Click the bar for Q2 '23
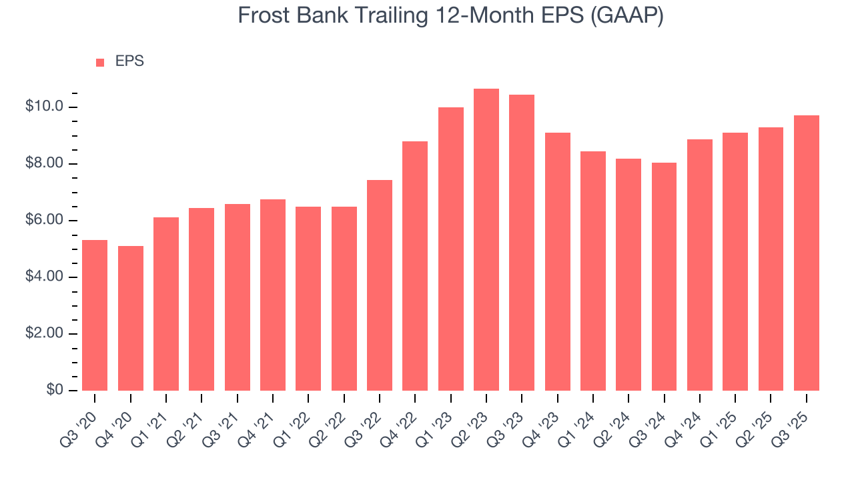(x=486, y=240)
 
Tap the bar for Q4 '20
(x=131, y=319)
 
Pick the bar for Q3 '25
(x=807, y=253)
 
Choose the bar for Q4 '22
(x=415, y=266)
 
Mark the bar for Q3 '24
(x=664, y=277)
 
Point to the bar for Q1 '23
(x=451, y=249)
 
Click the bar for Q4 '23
(x=557, y=261)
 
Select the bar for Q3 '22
(x=380, y=285)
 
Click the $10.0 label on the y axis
(x=44, y=107)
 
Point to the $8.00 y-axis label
(x=44, y=164)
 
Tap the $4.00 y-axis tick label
(x=44, y=277)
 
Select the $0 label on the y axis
(x=54, y=390)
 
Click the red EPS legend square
(x=100, y=62)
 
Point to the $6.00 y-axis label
(x=44, y=221)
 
